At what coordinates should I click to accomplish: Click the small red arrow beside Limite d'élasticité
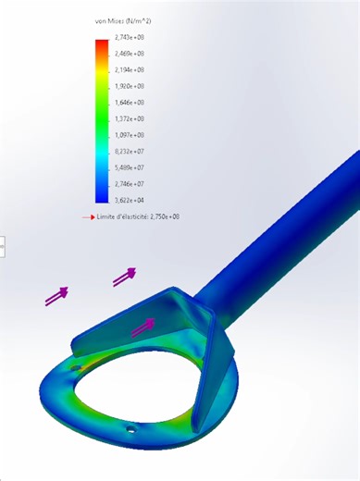[x=89, y=216]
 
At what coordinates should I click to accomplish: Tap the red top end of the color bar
[x=102, y=44]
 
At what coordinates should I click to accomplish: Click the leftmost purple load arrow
[x=57, y=296]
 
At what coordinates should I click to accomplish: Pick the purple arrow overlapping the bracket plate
[x=143, y=326]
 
